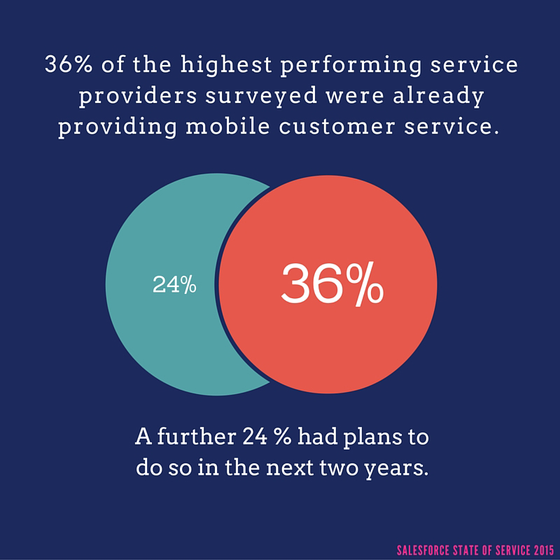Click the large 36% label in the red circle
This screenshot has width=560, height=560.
[x=332, y=283]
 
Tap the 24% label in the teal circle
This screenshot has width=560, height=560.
[x=174, y=285]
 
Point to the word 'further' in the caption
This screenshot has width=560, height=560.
[x=192, y=438]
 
